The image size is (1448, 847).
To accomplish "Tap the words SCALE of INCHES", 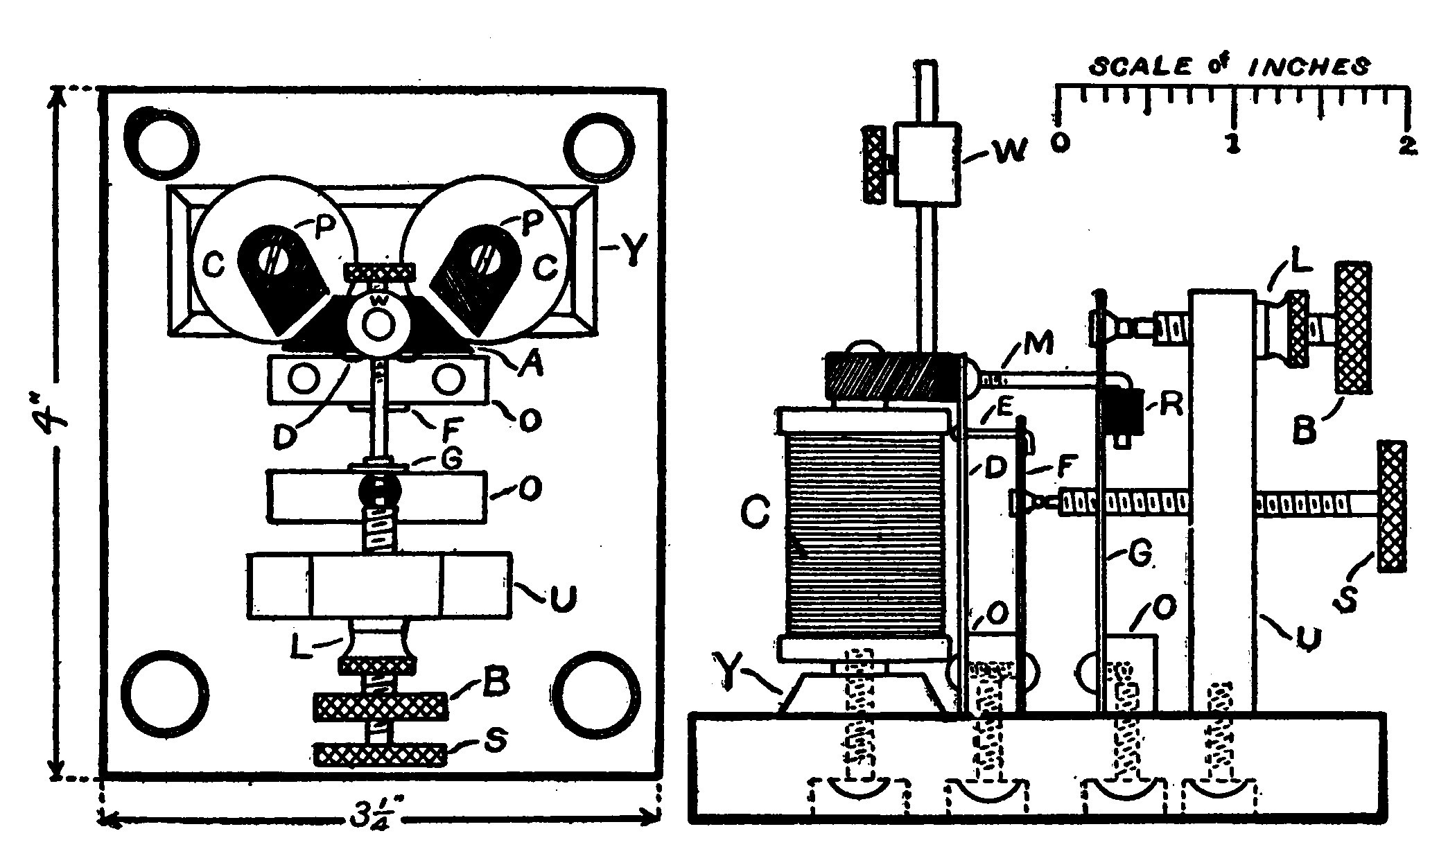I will (x=1230, y=67).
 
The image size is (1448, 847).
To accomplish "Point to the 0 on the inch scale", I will (x=1060, y=143).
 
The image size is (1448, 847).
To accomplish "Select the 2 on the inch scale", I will (x=1407, y=145).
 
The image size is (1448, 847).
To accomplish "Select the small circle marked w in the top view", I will (x=378, y=324).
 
